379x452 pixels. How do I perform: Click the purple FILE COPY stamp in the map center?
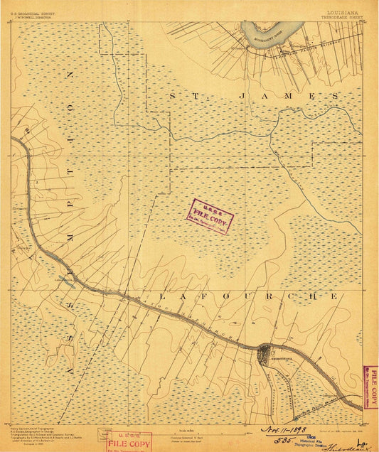pos(210,216)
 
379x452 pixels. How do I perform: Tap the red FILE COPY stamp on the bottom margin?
pos(128,441)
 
